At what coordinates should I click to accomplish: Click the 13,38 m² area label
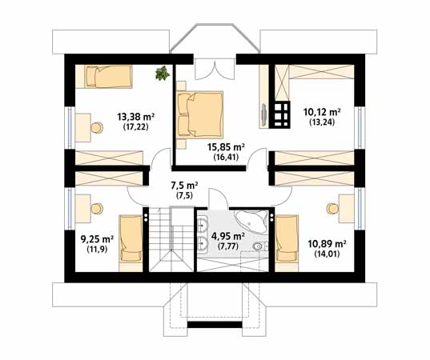point(136,118)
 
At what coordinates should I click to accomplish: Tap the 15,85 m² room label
point(226,147)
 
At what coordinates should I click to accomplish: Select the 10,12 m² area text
point(322,112)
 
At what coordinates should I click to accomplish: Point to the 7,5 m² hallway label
point(184,186)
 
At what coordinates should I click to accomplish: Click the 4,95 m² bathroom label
point(228,236)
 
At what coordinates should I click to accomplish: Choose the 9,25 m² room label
point(97,239)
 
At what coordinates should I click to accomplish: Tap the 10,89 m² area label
point(327,244)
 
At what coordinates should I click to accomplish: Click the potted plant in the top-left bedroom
point(162,73)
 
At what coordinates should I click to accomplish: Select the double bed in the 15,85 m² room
point(199,114)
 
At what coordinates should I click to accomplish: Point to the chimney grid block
point(279,114)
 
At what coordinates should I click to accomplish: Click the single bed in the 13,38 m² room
point(108,77)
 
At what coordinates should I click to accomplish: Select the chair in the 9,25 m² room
point(97,209)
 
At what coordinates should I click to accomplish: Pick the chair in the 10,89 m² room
point(332,209)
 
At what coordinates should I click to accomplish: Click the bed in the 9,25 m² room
point(131,238)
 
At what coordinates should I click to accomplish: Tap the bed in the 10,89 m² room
point(287,238)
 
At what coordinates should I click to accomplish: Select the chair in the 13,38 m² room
point(97,128)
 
